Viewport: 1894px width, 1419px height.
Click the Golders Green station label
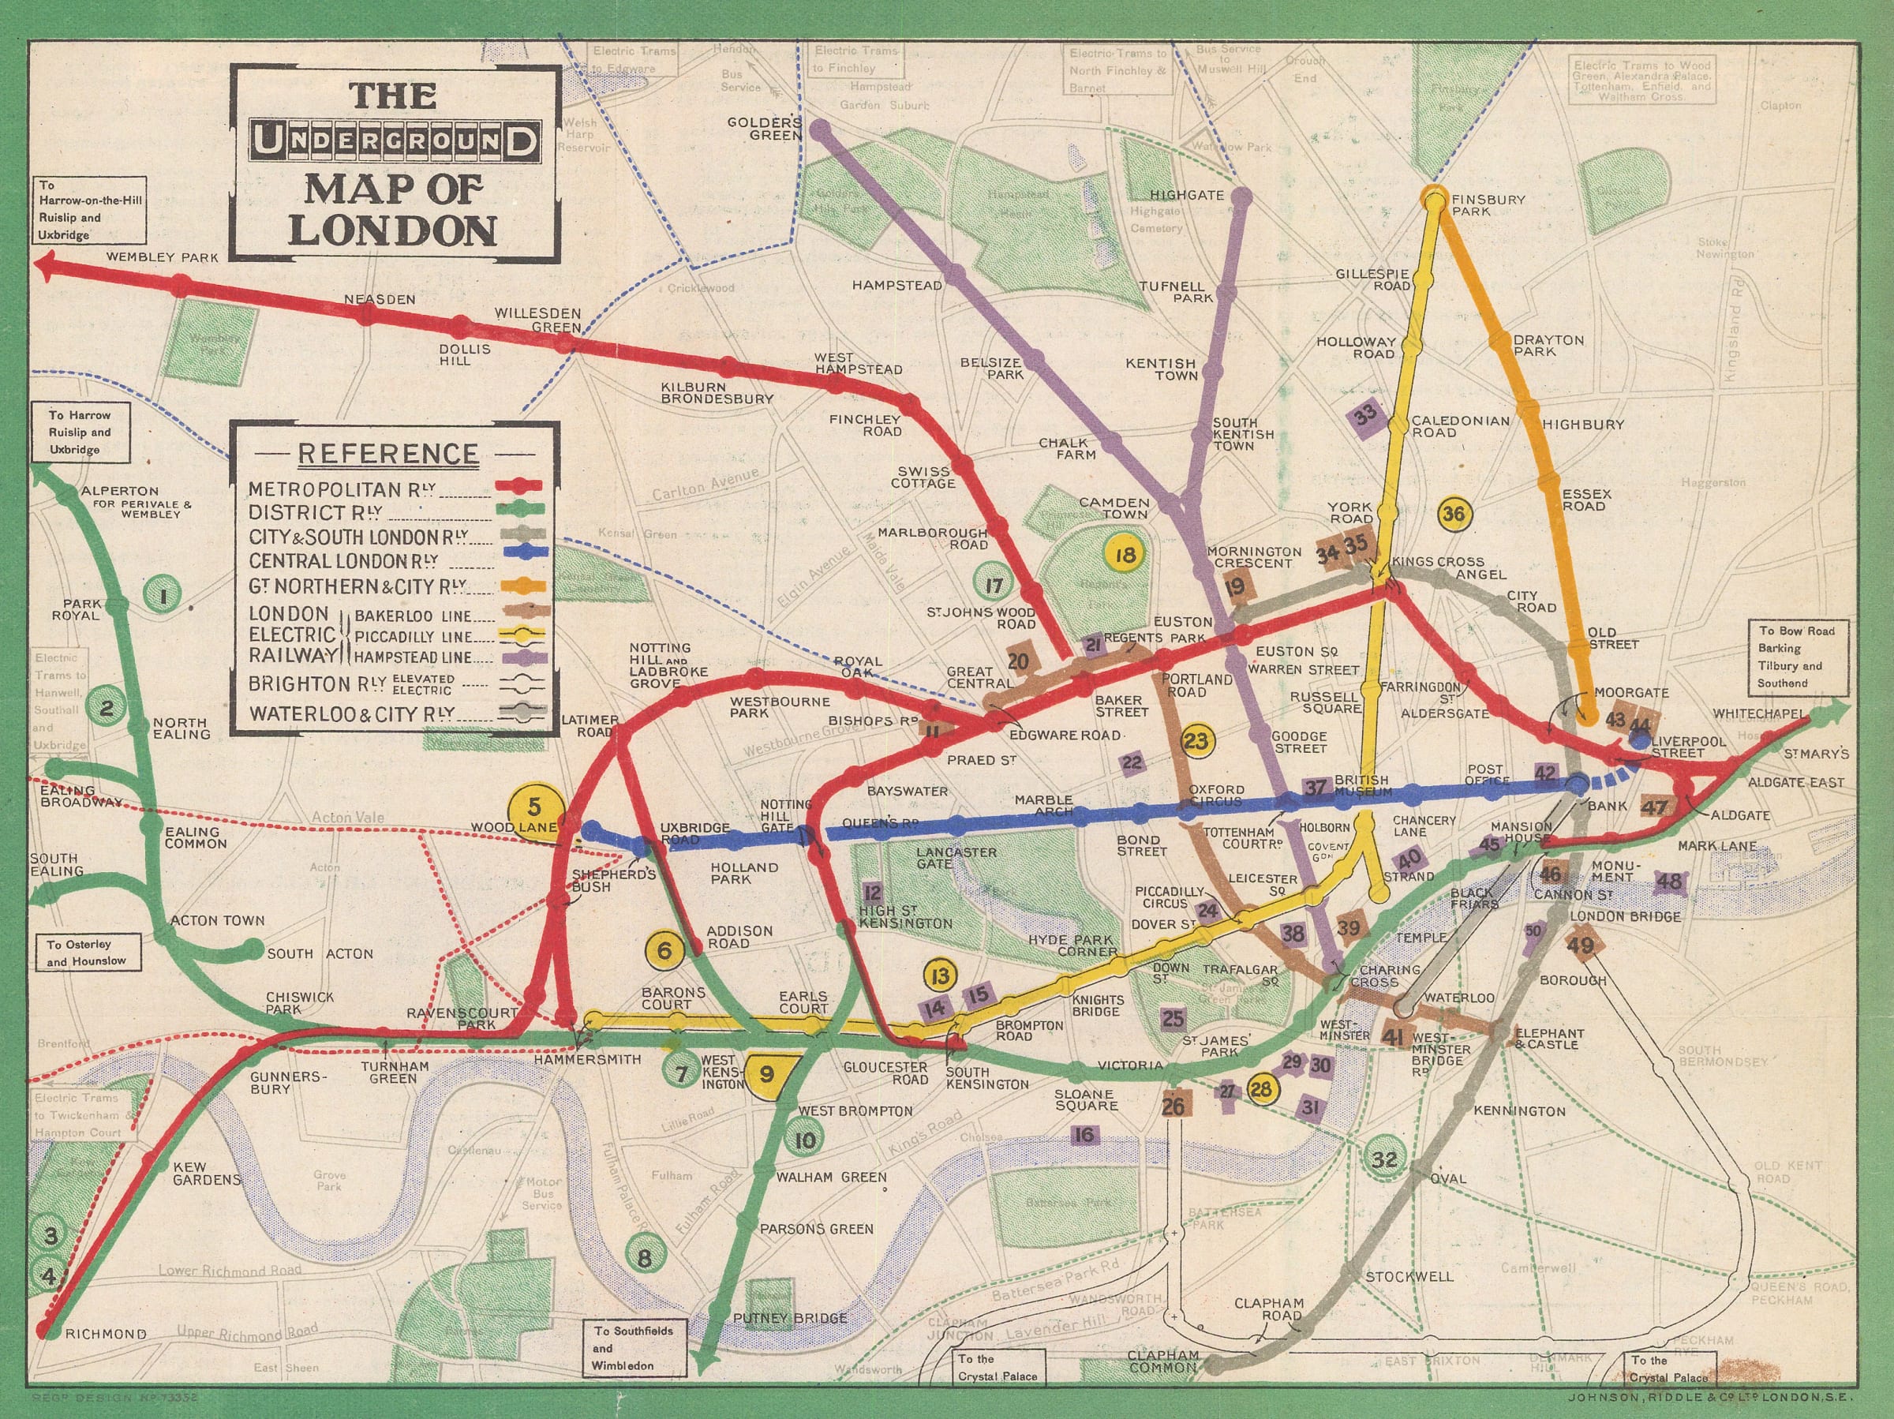click(764, 129)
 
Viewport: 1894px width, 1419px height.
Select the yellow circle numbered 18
click(1125, 554)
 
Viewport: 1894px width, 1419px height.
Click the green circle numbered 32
click(1383, 1159)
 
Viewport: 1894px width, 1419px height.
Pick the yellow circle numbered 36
click(1453, 514)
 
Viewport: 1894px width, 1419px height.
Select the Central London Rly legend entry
click(342, 561)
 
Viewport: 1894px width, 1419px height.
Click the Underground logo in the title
click(397, 143)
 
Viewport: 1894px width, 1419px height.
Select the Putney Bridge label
click(790, 1318)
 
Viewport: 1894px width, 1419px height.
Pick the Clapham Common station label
click(1161, 1361)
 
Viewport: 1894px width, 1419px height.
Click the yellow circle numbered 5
click(534, 807)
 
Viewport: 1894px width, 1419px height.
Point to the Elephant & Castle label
click(1548, 1039)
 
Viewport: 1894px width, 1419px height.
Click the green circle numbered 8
click(645, 1257)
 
